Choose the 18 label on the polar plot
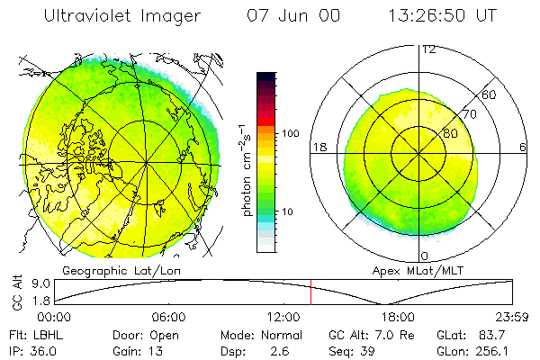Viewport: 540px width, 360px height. (x=318, y=147)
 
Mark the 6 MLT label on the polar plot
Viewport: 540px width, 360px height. (x=523, y=147)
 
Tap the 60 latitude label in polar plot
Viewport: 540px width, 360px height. (x=490, y=94)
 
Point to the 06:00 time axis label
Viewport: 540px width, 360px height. (x=168, y=318)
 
